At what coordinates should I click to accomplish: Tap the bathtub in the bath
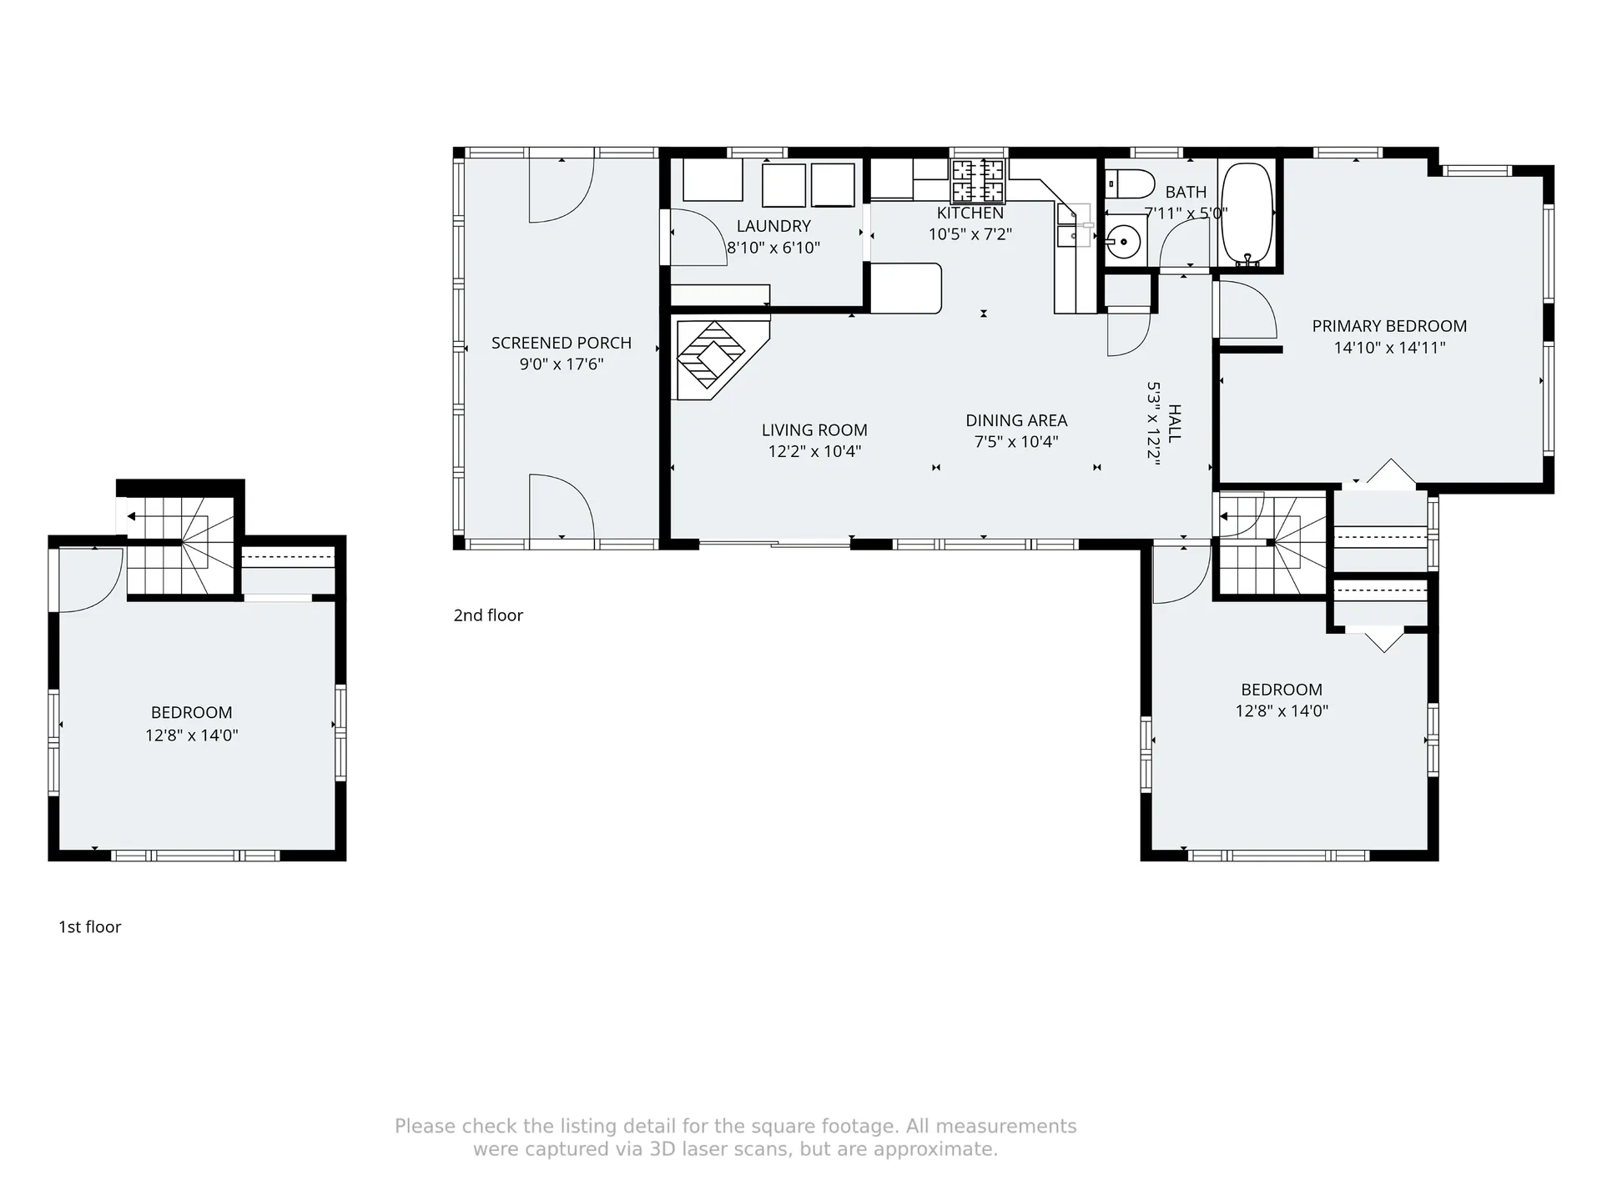[x=1247, y=213]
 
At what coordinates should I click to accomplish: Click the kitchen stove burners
[x=979, y=181]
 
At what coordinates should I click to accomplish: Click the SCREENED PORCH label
[x=562, y=343]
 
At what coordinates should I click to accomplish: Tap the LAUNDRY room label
[x=773, y=226]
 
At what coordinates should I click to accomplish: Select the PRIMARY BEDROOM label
[x=1389, y=326]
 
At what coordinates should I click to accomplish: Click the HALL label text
[x=1175, y=423]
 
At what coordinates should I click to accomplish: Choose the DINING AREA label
[x=1016, y=420]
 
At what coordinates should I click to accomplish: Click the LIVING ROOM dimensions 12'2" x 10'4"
[x=814, y=451]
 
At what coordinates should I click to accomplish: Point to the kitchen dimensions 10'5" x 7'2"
[x=970, y=234]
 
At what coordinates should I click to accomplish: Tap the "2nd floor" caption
[x=488, y=615]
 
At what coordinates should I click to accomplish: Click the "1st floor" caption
[x=89, y=927]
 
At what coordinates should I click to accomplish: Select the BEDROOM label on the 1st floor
[x=191, y=713]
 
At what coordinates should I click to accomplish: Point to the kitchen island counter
[x=906, y=289]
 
